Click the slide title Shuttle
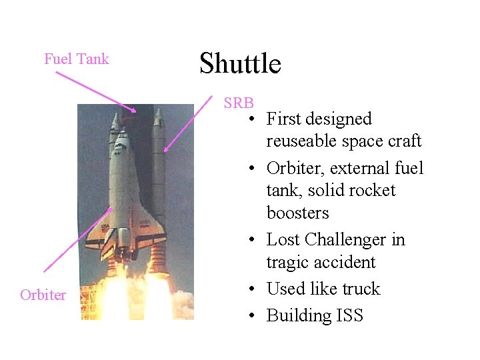coord(240,64)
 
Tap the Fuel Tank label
coord(76,59)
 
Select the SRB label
coord(239,103)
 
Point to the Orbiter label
coord(43,295)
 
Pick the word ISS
coord(348,315)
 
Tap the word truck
coord(360,289)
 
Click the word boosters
coord(297,213)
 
